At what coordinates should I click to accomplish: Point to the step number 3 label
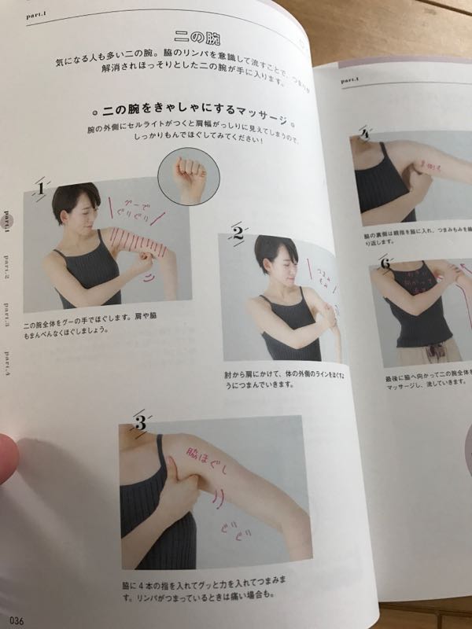(x=139, y=424)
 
